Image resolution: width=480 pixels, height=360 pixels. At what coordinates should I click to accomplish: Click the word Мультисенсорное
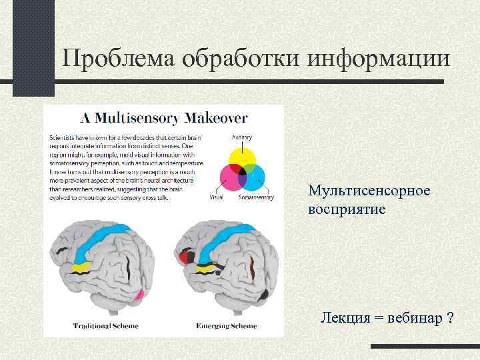(369, 191)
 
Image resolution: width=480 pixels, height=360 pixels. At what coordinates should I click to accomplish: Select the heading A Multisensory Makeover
(164, 119)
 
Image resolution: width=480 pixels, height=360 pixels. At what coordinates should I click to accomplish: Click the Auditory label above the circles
(241, 137)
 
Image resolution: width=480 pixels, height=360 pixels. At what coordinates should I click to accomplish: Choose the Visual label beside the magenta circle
(216, 197)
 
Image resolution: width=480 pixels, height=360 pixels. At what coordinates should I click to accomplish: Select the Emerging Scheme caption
(226, 326)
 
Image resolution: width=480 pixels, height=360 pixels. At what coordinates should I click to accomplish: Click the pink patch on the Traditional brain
(139, 294)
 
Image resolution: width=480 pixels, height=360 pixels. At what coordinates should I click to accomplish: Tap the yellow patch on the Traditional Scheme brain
(82, 267)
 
